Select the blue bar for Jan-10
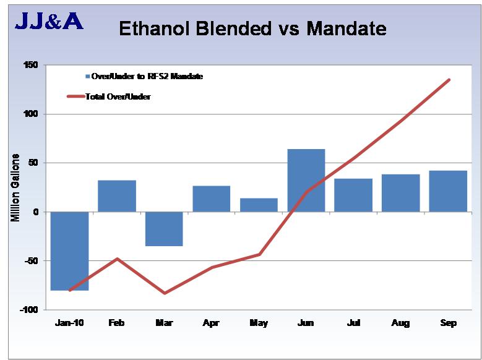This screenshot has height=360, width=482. [69, 251]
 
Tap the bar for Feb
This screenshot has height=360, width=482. [117, 196]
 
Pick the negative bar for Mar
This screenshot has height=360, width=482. [164, 229]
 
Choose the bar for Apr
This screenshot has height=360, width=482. [211, 199]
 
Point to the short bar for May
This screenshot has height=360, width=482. [259, 205]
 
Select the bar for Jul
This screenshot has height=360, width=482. [353, 195]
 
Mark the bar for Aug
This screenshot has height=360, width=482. [400, 193]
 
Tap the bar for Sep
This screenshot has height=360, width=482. [448, 191]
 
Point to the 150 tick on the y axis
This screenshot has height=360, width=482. [30, 66]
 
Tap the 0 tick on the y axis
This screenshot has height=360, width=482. [36, 212]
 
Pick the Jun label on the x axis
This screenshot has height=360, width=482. [306, 324]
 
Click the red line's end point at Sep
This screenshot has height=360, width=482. [449, 80]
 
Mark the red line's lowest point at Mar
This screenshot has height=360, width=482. [164, 293]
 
